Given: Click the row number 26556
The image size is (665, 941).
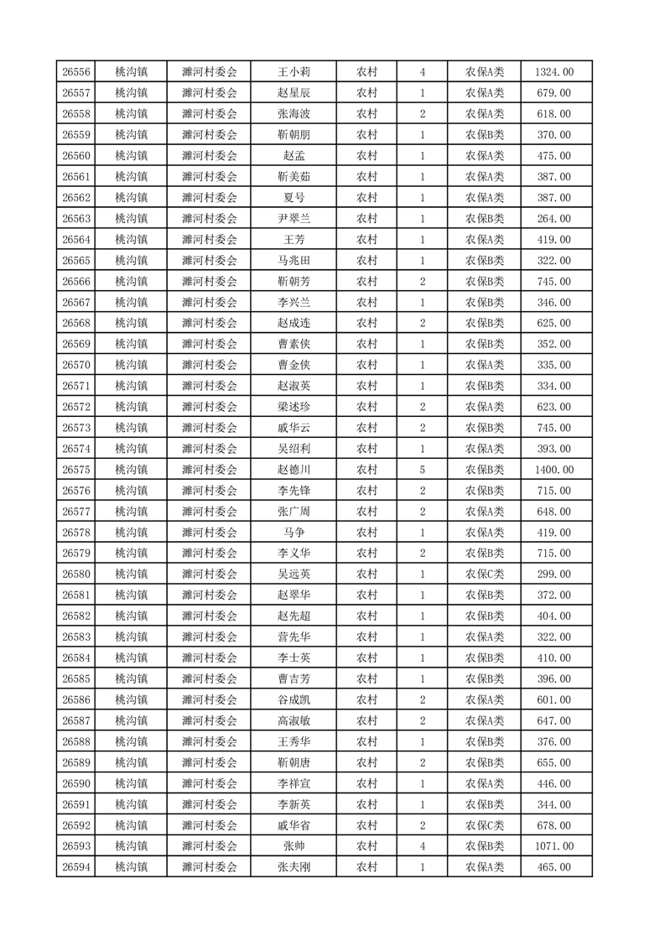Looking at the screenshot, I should point(76,72).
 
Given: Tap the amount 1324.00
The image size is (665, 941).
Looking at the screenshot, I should point(554,72).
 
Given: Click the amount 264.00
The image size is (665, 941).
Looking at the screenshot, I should point(554,218).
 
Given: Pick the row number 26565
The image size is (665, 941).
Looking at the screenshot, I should point(76,260).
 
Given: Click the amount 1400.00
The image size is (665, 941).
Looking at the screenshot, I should point(554,470).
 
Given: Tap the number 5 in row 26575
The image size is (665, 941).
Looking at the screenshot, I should point(422,470).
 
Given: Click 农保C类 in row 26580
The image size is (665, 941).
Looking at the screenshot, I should point(485,574).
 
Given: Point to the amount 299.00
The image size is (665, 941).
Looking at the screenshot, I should point(554,574).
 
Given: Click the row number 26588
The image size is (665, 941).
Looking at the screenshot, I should point(76,741).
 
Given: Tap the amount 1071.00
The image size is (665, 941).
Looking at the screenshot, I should point(554,846).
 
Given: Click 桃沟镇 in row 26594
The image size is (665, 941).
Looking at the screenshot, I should point(131,867).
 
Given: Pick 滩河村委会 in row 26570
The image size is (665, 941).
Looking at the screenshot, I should point(210,365).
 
